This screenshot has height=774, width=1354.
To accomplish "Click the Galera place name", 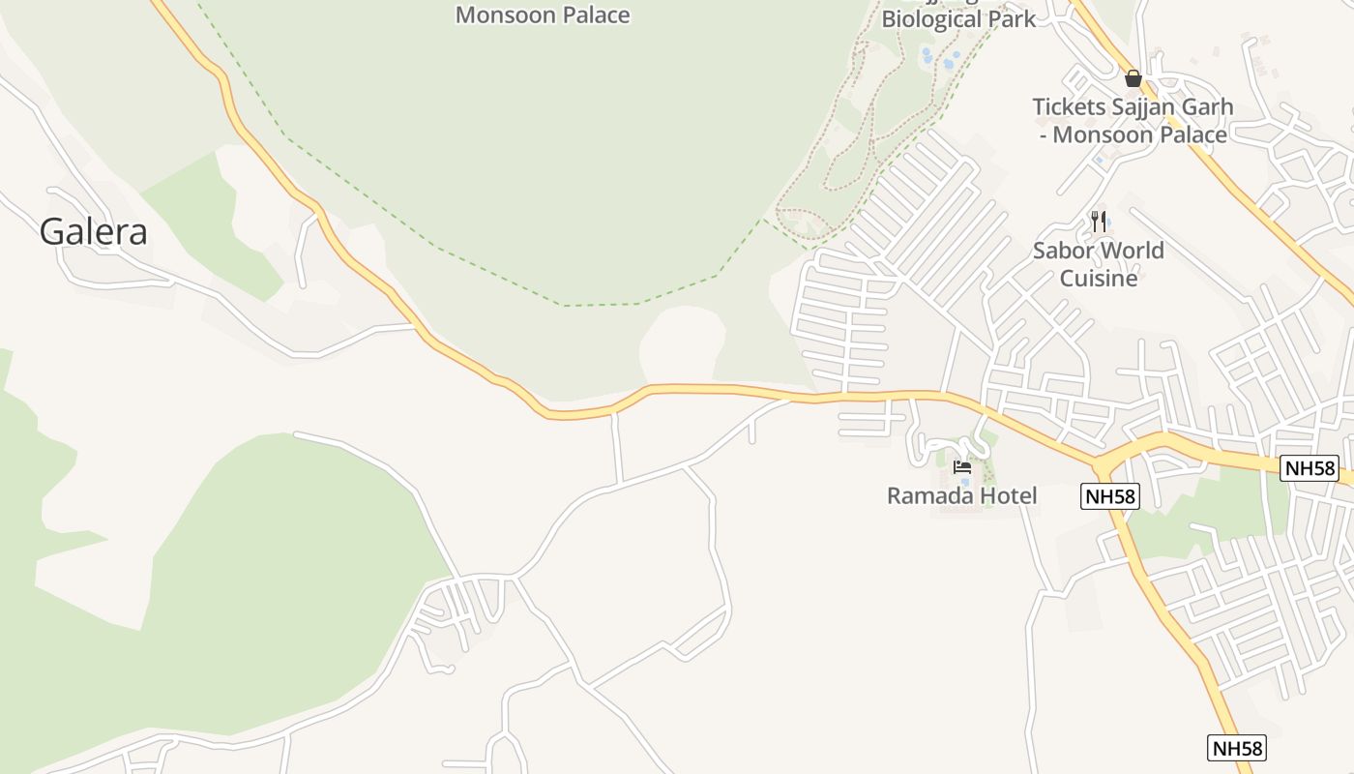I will pyautogui.click(x=93, y=232).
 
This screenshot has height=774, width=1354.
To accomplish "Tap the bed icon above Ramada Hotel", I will pyautogui.click(x=961, y=467).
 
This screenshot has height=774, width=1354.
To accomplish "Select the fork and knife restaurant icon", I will pyautogui.click(x=1098, y=222).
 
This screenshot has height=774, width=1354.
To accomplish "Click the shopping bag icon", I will pyautogui.click(x=1133, y=77).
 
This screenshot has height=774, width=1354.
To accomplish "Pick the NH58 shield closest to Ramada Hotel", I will pyautogui.click(x=1109, y=496).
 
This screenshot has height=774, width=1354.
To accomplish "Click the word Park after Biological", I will pyautogui.click(x=1012, y=18).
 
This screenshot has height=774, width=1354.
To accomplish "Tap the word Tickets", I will pyautogui.click(x=1069, y=106).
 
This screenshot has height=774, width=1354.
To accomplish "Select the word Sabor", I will pyautogui.click(x=1063, y=251).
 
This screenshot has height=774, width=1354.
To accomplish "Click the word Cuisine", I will pyautogui.click(x=1099, y=279).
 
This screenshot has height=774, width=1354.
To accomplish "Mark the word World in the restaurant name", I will pyautogui.click(x=1133, y=251).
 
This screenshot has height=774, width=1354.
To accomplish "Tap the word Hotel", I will pyautogui.click(x=1006, y=496).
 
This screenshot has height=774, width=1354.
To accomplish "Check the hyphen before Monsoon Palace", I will pyautogui.click(x=1043, y=134).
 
